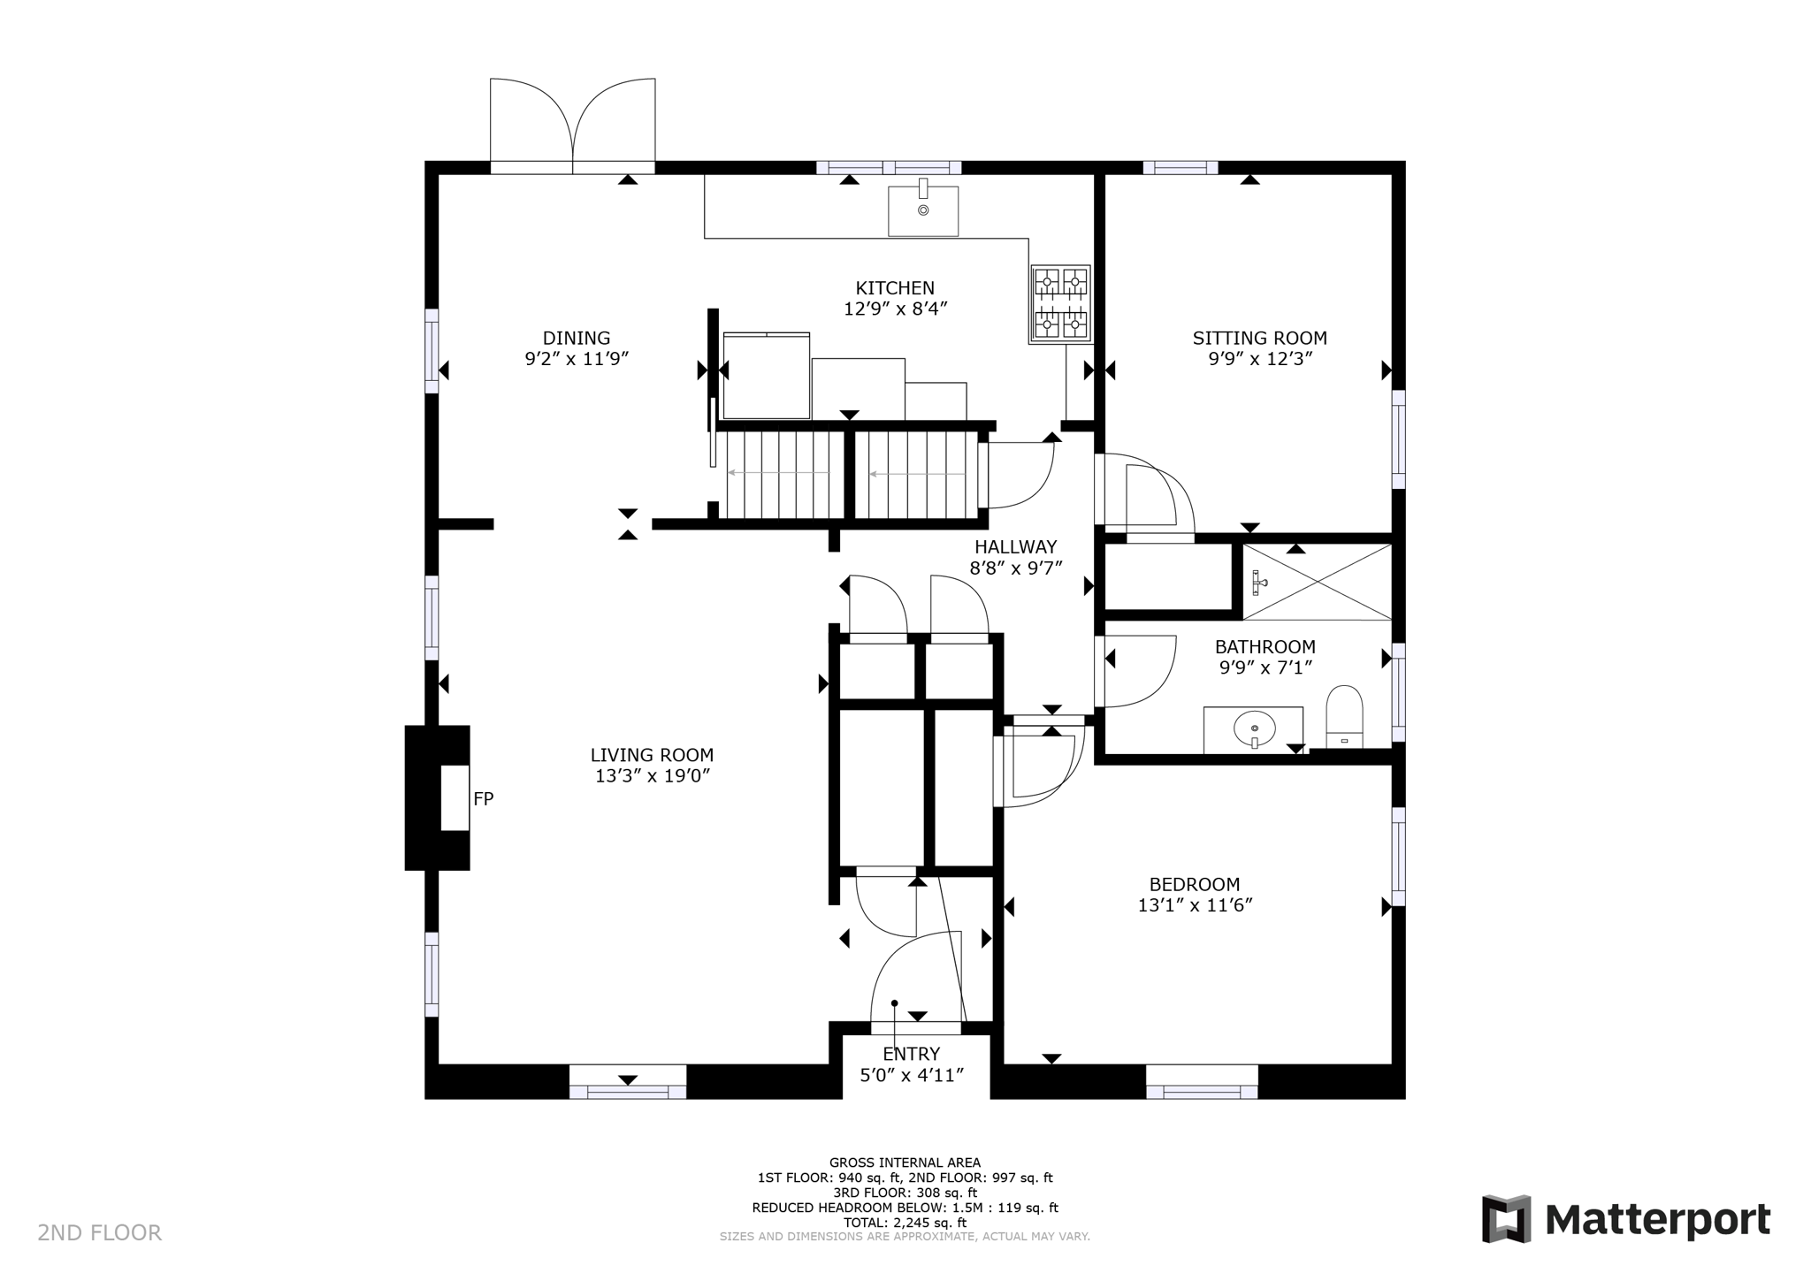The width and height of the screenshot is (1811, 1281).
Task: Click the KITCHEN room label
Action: (894, 288)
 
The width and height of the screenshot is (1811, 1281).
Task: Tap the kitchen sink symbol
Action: (922, 210)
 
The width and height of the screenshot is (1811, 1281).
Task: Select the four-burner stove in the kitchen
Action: (1060, 304)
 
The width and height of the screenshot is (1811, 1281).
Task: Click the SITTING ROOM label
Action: (1258, 338)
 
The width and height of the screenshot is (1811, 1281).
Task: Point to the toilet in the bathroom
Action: (1344, 716)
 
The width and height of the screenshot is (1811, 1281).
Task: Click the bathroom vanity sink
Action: (1254, 729)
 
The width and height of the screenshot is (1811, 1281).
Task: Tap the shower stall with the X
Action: (1317, 582)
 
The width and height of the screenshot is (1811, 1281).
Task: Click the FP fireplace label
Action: (483, 799)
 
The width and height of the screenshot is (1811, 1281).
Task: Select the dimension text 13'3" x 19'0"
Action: (652, 776)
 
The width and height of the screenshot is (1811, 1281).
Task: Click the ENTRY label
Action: (911, 1054)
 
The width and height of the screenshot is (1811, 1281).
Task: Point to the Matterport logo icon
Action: (1506, 1219)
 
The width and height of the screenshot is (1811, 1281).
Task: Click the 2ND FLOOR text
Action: (99, 1232)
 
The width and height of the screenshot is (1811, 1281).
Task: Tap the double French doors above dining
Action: (572, 124)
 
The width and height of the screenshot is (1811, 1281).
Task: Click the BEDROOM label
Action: (1194, 884)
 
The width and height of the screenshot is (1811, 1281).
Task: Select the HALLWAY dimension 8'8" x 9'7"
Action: (1015, 568)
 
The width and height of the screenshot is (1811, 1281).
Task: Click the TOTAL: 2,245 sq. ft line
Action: (904, 1223)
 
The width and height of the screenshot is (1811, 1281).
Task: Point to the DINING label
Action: (576, 338)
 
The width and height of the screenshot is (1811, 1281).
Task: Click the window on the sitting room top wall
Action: (1180, 167)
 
